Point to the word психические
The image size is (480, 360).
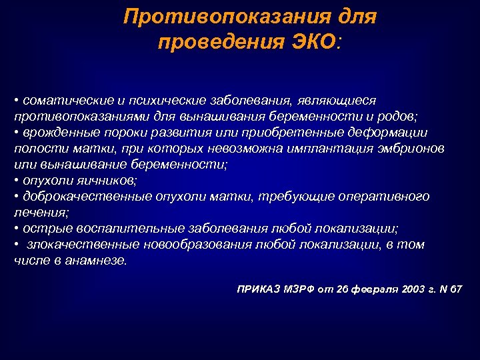coord(150,100)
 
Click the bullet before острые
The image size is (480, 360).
coord(16,229)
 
